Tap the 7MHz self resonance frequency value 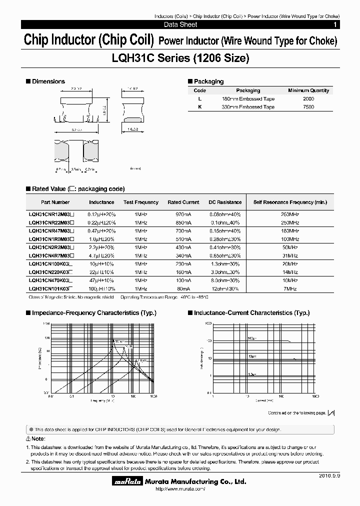[290, 289]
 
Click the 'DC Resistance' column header [225, 202]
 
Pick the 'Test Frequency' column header [141, 202]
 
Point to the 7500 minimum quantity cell [308, 107]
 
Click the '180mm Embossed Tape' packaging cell [248, 99]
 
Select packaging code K [199, 107]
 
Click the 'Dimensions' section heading [48, 81]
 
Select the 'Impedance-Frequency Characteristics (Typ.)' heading [94, 312]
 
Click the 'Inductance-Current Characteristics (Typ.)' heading [251, 312]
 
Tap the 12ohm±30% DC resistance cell [225, 289]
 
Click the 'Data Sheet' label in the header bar [180, 24]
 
